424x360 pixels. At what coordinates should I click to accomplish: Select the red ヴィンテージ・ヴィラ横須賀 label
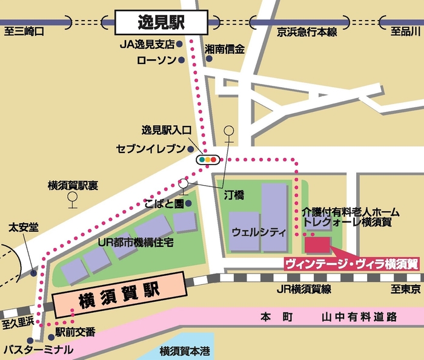tap(351, 264)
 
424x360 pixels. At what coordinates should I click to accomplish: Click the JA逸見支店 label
tap(147, 45)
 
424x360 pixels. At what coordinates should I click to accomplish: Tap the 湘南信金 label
tap(225, 49)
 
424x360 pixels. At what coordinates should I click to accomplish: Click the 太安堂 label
tap(23, 227)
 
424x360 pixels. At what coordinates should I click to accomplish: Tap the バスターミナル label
tap(38, 350)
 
